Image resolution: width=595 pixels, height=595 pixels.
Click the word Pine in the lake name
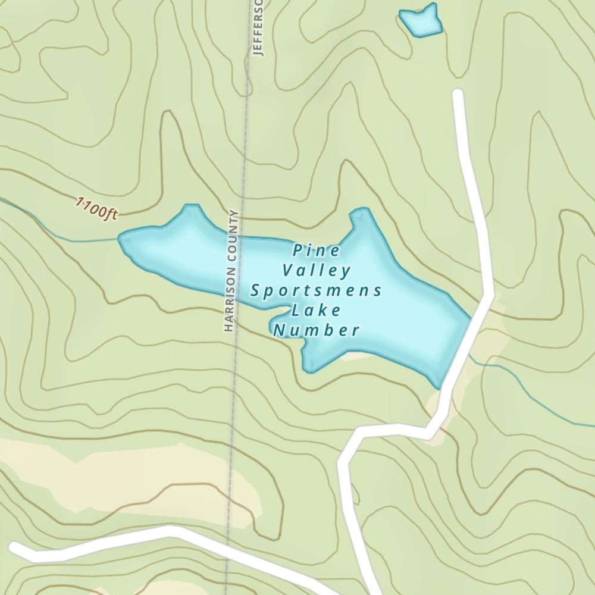coord(317,250)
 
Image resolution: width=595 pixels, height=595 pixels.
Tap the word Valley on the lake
coord(317,271)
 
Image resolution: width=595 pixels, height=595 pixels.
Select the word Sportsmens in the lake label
coord(316,291)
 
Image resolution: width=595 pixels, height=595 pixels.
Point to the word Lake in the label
coord(316,311)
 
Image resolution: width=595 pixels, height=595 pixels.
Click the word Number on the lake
coord(316,330)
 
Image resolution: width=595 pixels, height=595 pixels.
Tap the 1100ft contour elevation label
coord(96,209)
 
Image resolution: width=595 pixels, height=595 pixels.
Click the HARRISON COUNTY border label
coord(231,271)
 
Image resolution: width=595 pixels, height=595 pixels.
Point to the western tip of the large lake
coord(120,239)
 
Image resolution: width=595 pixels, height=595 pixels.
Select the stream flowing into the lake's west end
coord(59,229)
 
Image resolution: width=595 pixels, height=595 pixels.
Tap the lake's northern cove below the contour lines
coord(363,217)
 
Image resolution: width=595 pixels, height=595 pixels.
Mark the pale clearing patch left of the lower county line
coord(119,470)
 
